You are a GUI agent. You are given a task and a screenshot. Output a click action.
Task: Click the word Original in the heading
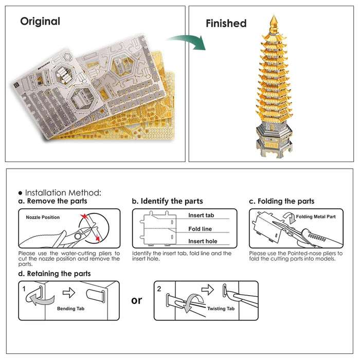coord(40,22)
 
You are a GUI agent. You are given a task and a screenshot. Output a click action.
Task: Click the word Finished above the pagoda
coord(226,23)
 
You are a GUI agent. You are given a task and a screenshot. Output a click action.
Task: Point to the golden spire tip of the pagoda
coord(274,20)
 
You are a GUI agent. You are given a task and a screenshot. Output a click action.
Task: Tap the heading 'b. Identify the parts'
coord(167,201)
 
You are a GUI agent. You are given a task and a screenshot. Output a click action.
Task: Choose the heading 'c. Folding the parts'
coord(281,201)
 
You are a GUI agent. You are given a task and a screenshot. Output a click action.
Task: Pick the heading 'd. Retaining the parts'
coord(55,274)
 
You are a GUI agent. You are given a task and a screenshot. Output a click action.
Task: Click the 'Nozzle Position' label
coord(43,218)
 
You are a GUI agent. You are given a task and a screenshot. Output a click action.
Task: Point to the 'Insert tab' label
coord(201,215)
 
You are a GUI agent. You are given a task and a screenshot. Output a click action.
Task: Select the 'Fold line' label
coord(200,229)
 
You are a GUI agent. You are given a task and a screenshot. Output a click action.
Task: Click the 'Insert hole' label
coord(202,241)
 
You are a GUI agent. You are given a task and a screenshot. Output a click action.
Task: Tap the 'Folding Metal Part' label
coord(316,217)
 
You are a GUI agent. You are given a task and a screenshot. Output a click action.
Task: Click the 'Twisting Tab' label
coord(221,309)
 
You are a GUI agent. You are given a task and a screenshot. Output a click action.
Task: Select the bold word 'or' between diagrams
coord(136,300)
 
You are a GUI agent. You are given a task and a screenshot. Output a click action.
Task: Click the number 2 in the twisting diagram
coord(159,289)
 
